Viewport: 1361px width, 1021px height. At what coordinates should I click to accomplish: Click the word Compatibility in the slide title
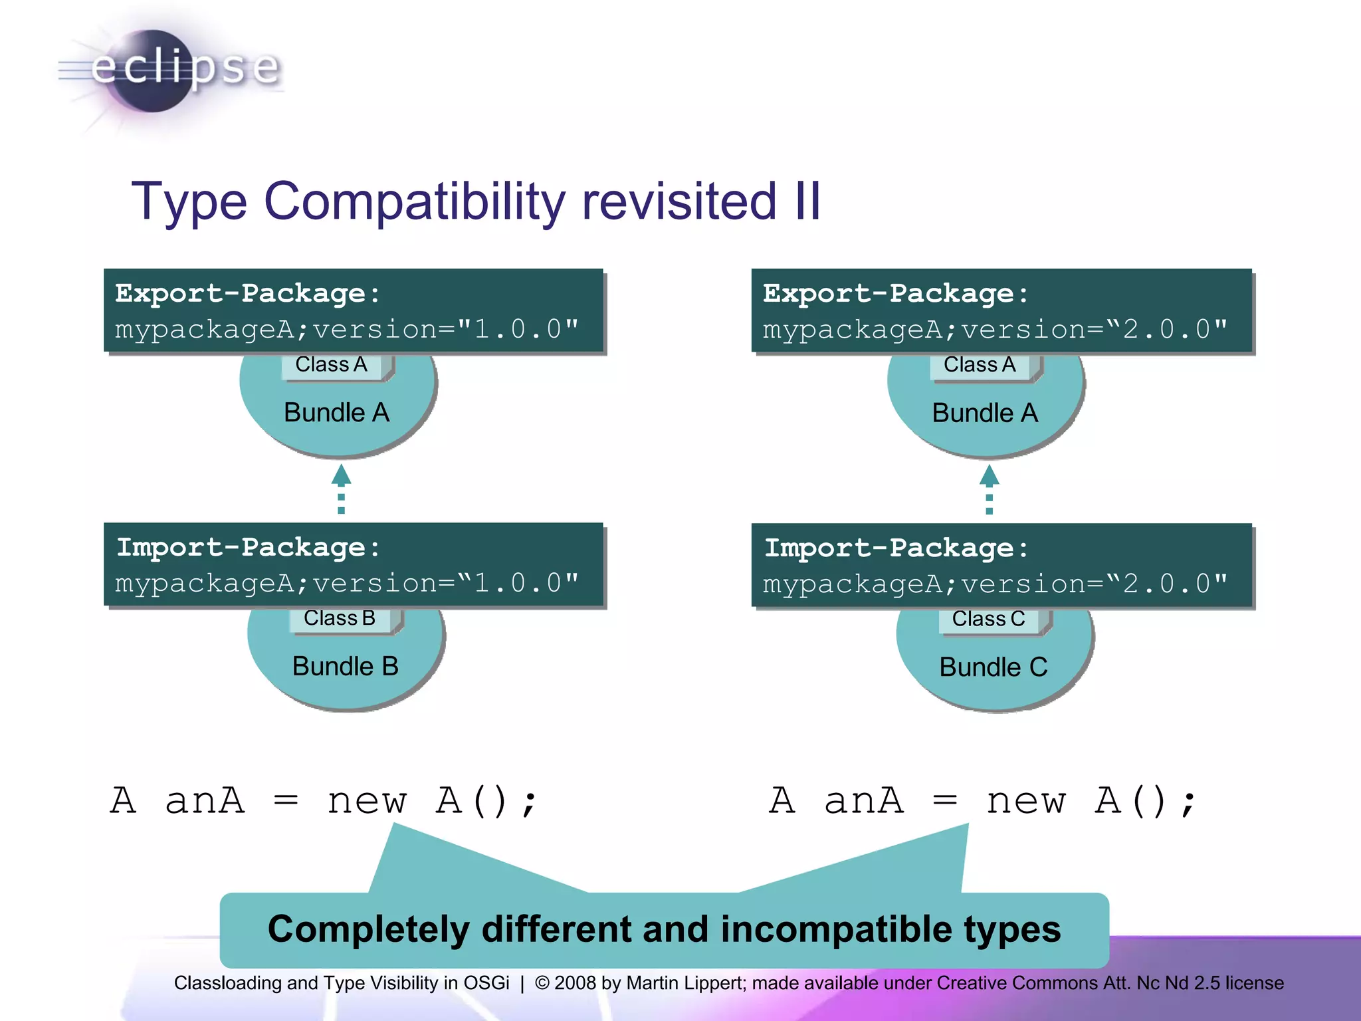pyautogui.click(x=415, y=201)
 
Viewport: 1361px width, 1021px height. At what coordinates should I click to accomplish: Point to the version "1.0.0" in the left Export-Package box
pyautogui.click(x=518, y=329)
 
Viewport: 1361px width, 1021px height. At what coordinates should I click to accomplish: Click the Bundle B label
pyautogui.click(x=345, y=666)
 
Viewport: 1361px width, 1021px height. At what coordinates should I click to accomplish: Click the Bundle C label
pyautogui.click(x=993, y=667)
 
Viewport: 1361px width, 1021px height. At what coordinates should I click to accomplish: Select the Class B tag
pyautogui.click(x=340, y=618)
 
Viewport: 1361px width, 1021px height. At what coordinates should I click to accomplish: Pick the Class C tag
pyautogui.click(x=988, y=619)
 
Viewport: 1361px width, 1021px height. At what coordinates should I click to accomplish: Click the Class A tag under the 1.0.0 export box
pyautogui.click(x=331, y=364)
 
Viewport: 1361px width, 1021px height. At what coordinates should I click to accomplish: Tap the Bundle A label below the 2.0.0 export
pyautogui.click(x=984, y=413)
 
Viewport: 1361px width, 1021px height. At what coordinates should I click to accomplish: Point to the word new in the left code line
pyautogui.click(x=366, y=800)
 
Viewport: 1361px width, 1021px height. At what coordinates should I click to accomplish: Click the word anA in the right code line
pyautogui.click(x=863, y=800)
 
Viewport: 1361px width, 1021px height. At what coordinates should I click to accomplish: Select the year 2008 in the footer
pyautogui.click(x=575, y=982)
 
